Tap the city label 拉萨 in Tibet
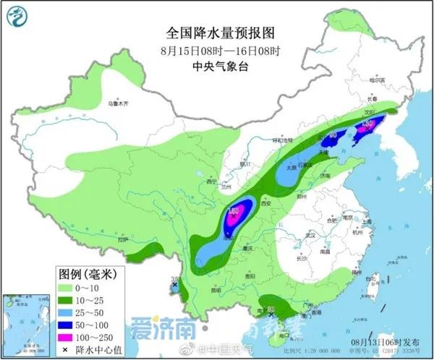click(122, 238)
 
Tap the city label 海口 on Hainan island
click(274, 335)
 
